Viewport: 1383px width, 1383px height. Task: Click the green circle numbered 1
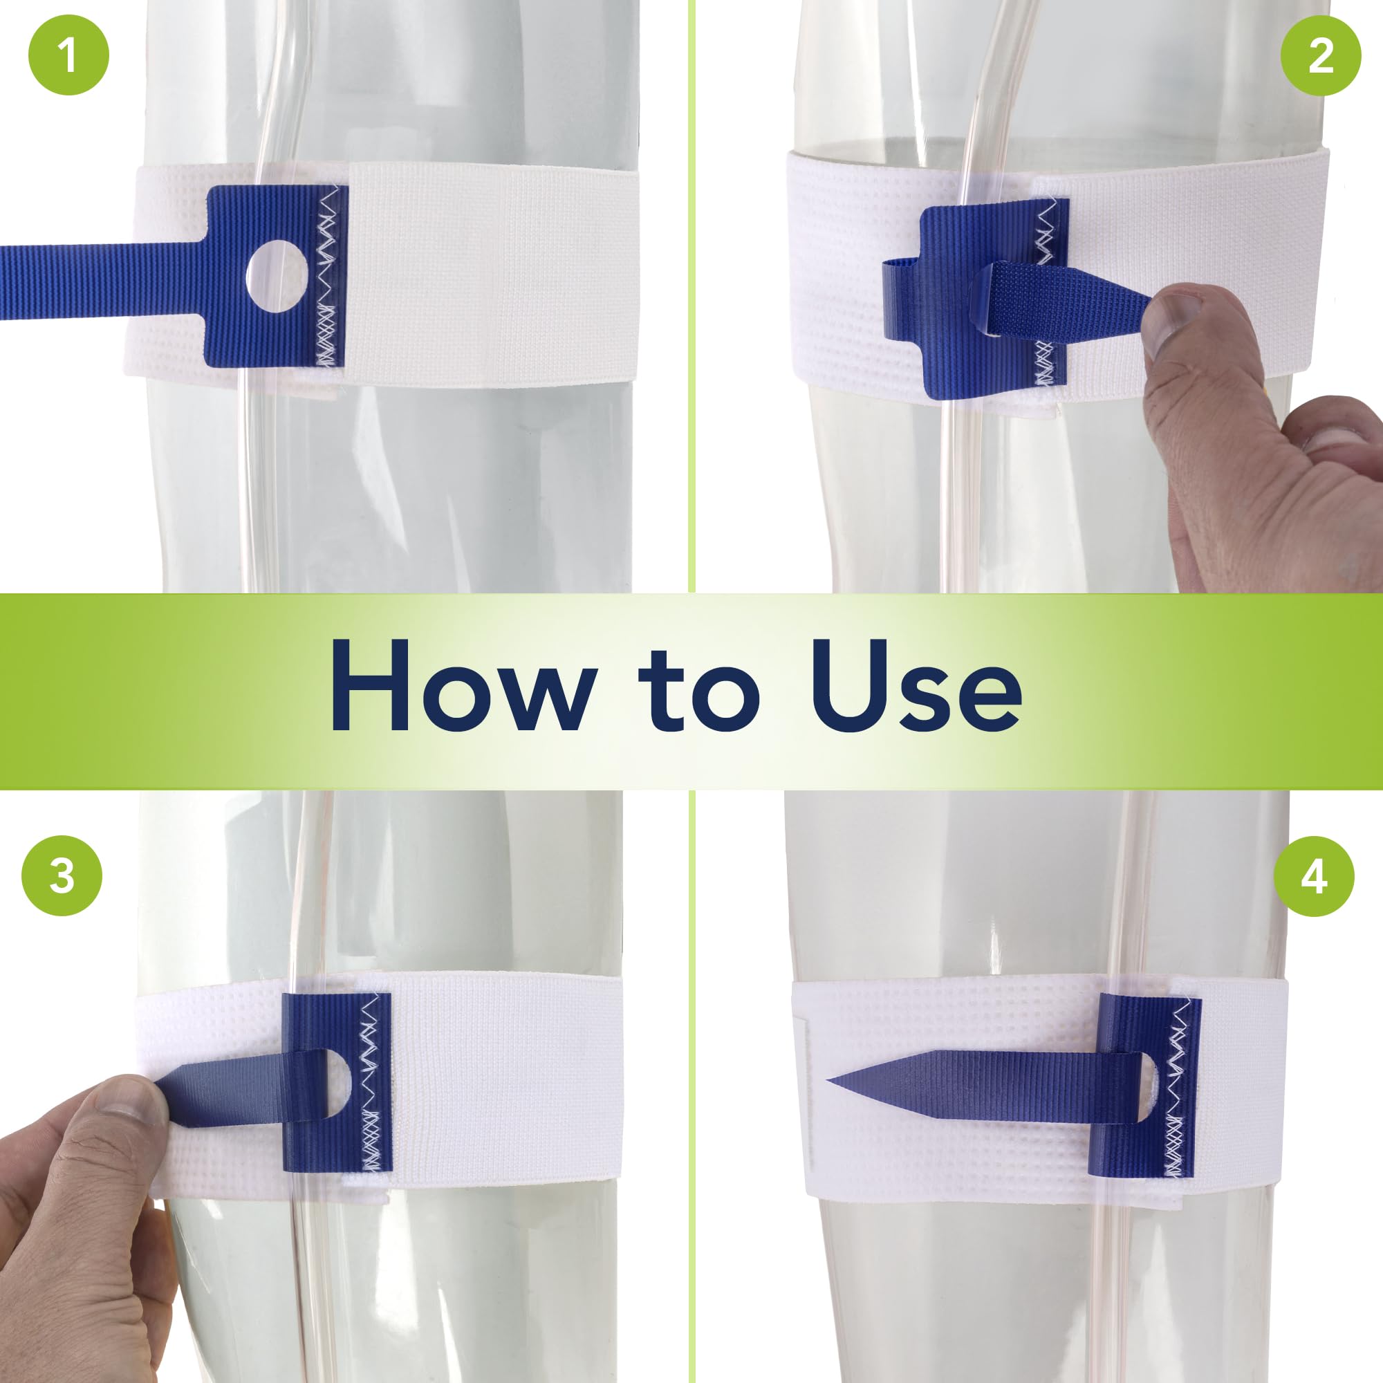[68, 55]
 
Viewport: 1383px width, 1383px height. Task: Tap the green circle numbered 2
[1320, 55]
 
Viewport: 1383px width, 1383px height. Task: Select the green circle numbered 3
[62, 875]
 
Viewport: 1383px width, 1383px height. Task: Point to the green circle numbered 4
[1314, 875]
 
